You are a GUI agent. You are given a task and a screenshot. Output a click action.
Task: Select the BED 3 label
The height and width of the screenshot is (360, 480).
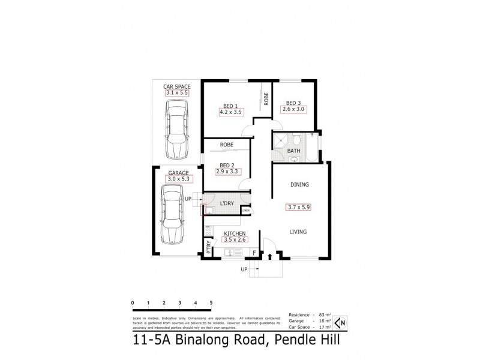(294, 102)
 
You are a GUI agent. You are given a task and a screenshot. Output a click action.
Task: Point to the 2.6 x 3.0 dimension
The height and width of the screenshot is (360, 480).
(294, 109)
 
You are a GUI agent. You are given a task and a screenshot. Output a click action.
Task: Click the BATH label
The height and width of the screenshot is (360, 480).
(293, 151)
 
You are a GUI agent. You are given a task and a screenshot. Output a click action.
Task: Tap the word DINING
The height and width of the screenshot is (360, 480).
(299, 185)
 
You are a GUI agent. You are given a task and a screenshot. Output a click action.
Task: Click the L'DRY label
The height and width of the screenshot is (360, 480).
(227, 205)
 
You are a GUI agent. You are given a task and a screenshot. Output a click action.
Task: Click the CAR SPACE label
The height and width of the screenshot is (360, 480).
(177, 86)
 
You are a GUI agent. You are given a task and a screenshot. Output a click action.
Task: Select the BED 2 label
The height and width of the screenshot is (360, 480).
(226, 165)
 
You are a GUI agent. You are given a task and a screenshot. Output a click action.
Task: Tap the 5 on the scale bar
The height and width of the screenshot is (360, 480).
(211, 302)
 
